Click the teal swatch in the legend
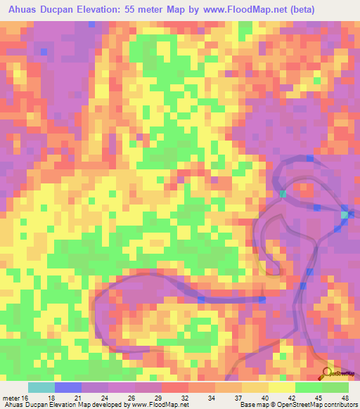click(x=41, y=387)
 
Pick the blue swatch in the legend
click(x=67, y=387)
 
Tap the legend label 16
click(x=25, y=397)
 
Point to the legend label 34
click(x=210, y=397)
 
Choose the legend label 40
click(x=263, y=397)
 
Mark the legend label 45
click(x=316, y=397)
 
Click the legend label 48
click(x=343, y=397)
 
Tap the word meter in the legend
click(x=10, y=397)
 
